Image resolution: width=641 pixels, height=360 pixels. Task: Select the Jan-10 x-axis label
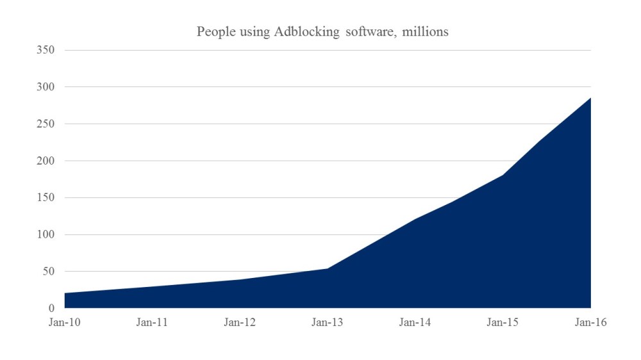(64, 323)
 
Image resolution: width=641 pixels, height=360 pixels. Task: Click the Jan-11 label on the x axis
(152, 323)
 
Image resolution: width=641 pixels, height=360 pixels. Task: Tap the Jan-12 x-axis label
(240, 323)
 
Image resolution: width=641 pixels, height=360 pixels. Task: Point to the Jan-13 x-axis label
(328, 323)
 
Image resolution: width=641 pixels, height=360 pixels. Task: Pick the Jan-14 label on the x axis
(415, 323)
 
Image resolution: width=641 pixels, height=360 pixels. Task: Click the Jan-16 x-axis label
(590, 323)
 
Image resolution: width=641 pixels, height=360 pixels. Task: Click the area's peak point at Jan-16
(590, 98)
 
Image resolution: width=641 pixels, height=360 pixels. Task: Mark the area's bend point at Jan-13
(328, 268)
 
